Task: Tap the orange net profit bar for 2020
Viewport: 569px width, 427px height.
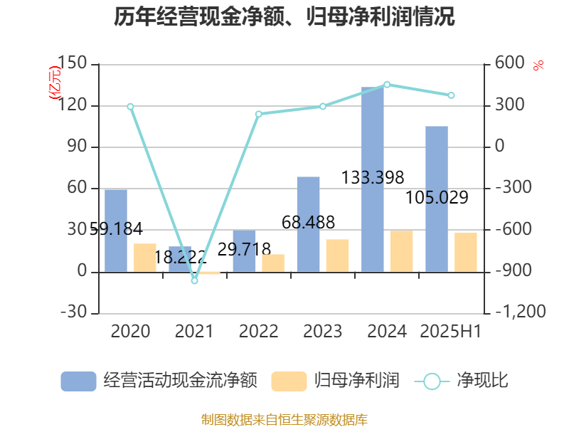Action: click(x=145, y=258)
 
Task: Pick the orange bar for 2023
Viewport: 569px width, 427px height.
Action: click(x=338, y=255)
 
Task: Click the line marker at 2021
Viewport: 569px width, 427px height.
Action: click(x=194, y=280)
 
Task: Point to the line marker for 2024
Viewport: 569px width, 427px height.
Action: click(x=387, y=85)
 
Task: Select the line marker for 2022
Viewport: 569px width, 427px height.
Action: click(x=259, y=114)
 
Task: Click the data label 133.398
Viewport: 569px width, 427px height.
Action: click(x=373, y=177)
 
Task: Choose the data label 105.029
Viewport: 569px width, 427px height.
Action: click(x=437, y=198)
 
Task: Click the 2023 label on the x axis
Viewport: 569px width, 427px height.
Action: click(x=322, y=332)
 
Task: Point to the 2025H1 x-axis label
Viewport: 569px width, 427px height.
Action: click(x=451, y=332)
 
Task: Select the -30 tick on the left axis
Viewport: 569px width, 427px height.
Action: click(x=74, y=313)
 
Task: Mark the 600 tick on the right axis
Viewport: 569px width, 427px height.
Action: click(x=509, y=65)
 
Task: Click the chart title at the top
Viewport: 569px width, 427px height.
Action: click(x=284, y=17)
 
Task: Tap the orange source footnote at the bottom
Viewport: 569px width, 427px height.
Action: click(x=284, y=419)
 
